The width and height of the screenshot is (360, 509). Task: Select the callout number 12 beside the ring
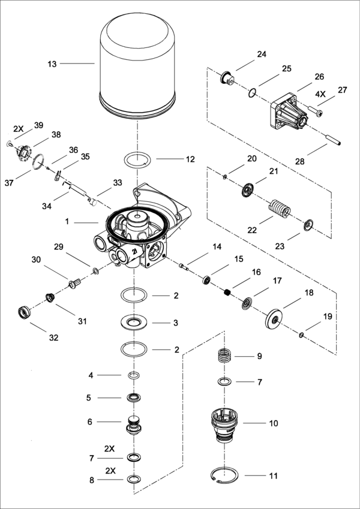pos(190,159)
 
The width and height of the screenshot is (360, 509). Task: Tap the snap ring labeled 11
pos(228,477)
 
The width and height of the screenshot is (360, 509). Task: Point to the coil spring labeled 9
pos(223,356)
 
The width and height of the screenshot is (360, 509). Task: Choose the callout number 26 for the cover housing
pos(319,77)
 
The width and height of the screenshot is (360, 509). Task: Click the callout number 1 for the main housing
pos(68,221)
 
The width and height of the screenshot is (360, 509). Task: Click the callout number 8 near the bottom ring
pos(91,480)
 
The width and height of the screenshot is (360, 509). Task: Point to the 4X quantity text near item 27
pos(322,94)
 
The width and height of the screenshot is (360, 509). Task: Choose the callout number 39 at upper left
pos(38,125)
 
